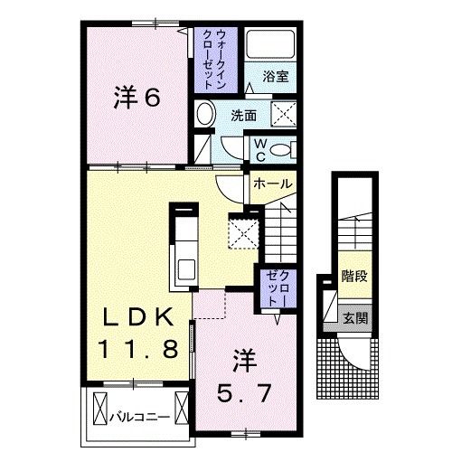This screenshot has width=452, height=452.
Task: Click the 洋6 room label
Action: coord(137,98)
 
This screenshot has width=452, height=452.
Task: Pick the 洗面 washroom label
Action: coord(242,116)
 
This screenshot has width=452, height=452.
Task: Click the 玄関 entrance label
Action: coord(353,317)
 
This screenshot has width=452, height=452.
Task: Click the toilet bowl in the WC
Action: coord(281,149)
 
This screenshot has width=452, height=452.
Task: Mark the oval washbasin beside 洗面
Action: coord(205,115)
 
